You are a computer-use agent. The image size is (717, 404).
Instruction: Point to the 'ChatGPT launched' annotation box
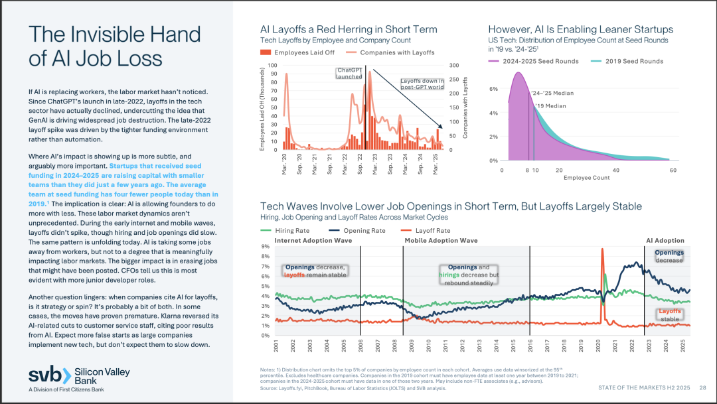coord(349,73)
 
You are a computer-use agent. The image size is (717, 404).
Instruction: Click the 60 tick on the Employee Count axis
coord(673,170)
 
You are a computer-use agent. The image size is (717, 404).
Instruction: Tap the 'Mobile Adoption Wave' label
coord(441,240)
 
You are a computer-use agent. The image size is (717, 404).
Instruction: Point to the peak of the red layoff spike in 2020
coord(601,249)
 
